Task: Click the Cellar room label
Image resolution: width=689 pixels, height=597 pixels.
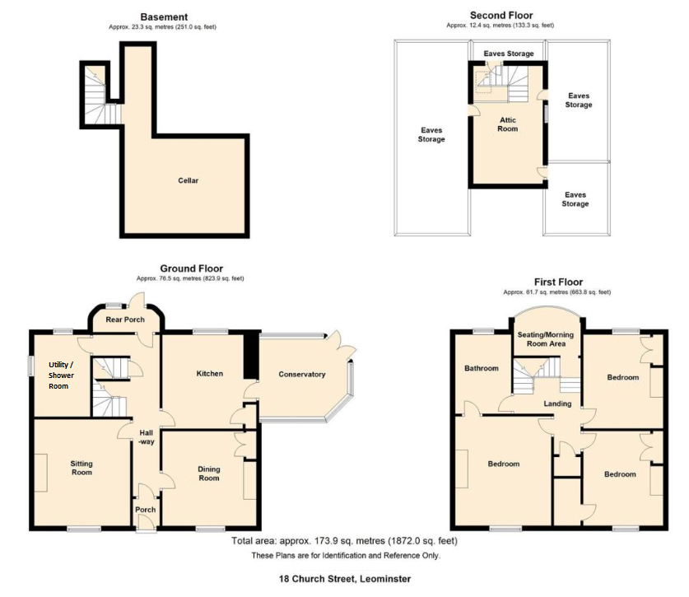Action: coord(188,180)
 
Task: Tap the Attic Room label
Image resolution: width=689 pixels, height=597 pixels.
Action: coord(508,124)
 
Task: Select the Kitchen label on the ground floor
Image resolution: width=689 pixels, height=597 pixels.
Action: coord(210,374)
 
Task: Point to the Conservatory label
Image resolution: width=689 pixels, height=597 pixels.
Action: coord(302,375)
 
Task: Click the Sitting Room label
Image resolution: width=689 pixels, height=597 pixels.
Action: coord(81,468)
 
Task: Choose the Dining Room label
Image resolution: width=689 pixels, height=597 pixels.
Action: coord(209,473)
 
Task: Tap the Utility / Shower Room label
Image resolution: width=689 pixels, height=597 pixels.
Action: coord(61,375)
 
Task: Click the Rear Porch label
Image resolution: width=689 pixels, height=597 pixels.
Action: coord(125,319)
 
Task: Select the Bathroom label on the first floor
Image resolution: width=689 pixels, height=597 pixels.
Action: coord(482,368)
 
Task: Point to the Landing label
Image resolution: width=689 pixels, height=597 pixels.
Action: coord(557,403)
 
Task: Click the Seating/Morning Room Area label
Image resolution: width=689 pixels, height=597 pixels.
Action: coord(546,339)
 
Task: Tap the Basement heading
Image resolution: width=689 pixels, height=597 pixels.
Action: coord(164,17)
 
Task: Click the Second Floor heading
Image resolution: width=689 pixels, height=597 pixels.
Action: coord(501,16)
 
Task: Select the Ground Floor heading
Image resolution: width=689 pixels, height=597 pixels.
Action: coord(192,268)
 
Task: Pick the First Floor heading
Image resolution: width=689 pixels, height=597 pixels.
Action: coord(558,282)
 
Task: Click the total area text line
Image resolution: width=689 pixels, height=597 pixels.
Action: coord(344,541)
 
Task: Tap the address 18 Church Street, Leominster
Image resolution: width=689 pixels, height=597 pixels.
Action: coord(345,579)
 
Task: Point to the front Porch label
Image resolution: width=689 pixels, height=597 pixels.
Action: coord(146,510)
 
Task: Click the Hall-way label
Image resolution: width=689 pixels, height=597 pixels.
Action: coord(147,437)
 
